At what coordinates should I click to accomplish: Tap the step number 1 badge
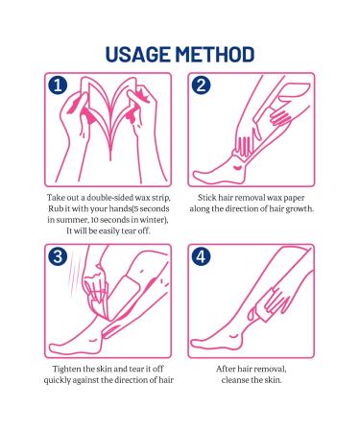(58, 86)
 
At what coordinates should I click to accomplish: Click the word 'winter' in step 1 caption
(150, 219)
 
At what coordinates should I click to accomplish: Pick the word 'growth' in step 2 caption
(296, 207)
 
